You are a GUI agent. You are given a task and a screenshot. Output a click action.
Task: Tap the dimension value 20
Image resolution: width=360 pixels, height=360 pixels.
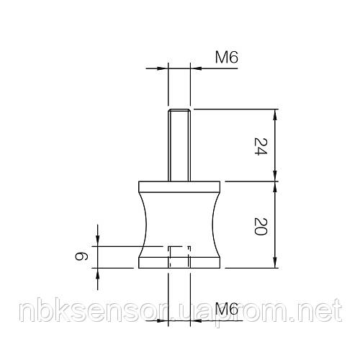point(261,227)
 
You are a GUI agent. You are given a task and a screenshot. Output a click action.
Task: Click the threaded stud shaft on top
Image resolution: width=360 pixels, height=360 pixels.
point(179,148)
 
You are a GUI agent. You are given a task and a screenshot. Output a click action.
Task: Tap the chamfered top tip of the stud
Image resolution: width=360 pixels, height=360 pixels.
point(179,111)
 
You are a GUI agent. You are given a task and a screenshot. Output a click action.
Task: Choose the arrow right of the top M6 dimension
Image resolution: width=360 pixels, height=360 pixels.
point(197,69)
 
